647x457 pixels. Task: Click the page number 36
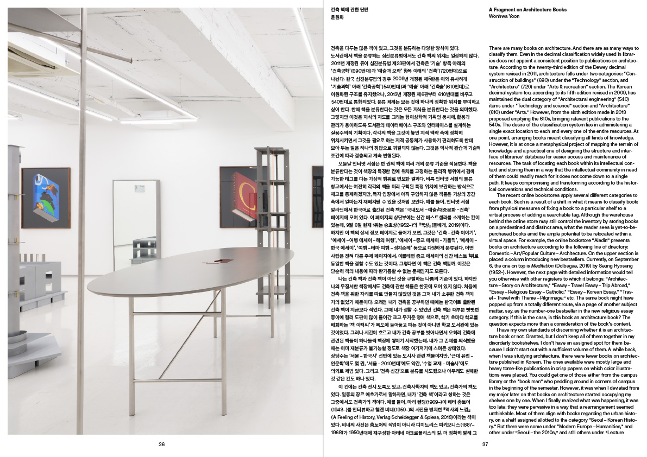point(161,445)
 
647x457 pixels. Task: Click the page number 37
point(486,445)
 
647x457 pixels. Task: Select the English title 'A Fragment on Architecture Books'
point(527,9)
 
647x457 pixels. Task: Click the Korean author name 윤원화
point(338,16)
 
